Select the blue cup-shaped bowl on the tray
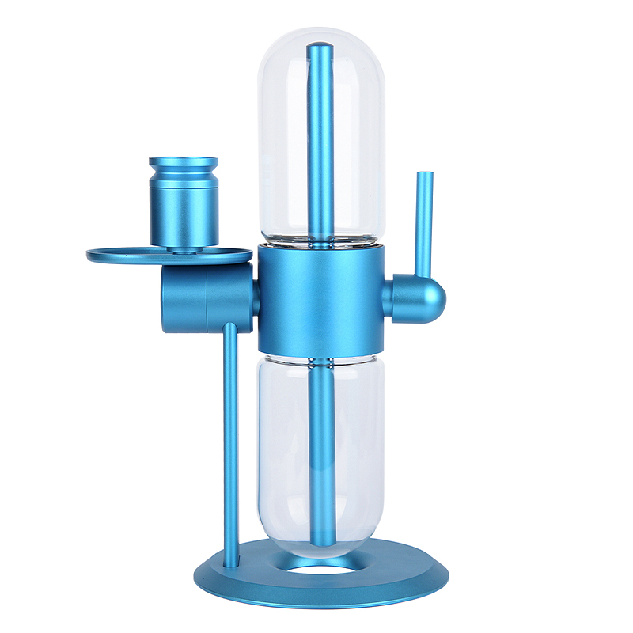tap(184, 206)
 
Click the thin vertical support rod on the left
tap(231, 443)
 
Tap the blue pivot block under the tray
tap(207, 298)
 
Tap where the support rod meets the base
tap(231, 565)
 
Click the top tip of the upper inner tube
tap(321, 49)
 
